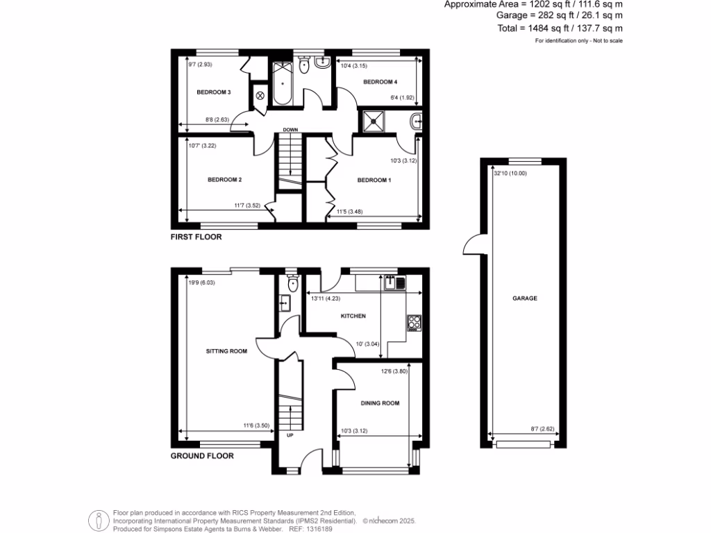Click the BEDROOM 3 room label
pos(213,92)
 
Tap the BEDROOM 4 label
pos(380,82)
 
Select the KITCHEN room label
pos(353,316)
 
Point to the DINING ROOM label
pos(380,403)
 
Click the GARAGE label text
pos(525,298)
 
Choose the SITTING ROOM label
pos(226,351)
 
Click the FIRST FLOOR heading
pos(196,237)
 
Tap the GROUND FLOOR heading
pos(202,457)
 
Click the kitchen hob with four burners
pos(415,321)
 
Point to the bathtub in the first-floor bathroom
pos(283,83)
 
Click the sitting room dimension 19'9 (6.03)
pos(201,282)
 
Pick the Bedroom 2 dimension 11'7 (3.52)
pos(246,205)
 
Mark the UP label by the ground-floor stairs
pos(290,436)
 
